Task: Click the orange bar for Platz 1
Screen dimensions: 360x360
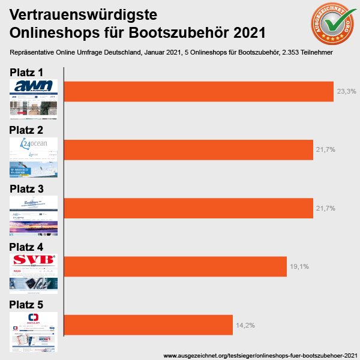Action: tap(198, 91)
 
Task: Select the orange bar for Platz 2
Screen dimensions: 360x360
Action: tap(188, 149)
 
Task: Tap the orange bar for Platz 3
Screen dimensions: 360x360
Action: tap(188, 208)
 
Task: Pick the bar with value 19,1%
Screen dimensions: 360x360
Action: tap(175, 266)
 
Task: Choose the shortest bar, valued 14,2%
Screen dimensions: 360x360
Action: tap(148, 325)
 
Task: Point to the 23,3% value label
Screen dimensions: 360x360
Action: tap(347, 92)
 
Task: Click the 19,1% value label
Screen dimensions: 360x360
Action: tap(299, 266)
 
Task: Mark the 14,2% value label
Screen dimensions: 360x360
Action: tap(245, 325)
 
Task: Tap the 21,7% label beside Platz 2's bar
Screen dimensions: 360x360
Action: tap(325, 150)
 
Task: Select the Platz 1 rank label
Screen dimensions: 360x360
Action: tap(26, 73)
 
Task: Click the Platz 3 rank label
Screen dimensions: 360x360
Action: tap(26, 189)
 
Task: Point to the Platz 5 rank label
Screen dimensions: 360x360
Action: tap(26, 305)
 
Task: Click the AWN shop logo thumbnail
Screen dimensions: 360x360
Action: tap(34, 87)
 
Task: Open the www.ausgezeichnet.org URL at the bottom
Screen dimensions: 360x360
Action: tap(260, 355)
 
